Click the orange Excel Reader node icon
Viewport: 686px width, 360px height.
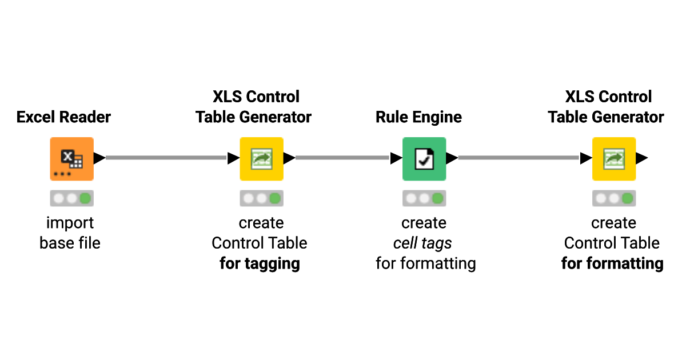coord(71,158)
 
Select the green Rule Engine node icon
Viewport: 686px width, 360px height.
coord(424,158)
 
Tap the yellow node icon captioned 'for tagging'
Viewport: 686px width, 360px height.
coord(261,158)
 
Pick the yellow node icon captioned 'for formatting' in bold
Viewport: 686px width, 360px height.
coord(613,158)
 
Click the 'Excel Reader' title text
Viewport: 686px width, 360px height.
coord(63,117)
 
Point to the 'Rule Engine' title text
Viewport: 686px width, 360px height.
coord(418,117)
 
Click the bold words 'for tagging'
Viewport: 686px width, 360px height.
coord(260,263)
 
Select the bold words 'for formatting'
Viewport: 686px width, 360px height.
coord(612,263)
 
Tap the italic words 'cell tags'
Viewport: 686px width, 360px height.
coord(422,243)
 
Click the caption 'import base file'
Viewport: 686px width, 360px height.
coord(70,233)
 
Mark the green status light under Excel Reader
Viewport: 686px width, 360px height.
coord(85,198)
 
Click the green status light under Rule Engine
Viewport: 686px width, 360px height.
coord(437,198)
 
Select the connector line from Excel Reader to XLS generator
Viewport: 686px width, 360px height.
coord(166,158)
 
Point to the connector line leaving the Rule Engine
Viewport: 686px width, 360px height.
coord(518,158)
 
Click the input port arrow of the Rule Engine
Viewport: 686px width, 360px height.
coord(396,158)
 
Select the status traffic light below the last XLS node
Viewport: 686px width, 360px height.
coord(613,198)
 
